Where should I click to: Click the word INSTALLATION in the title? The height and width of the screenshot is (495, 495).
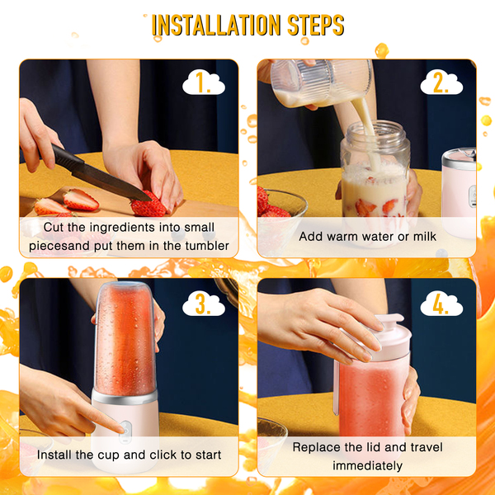click(x=216, y=25)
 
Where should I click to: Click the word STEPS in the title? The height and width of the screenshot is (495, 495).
click(x=316, y=25)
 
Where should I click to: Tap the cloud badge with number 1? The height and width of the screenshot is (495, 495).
click(x=204, y=82)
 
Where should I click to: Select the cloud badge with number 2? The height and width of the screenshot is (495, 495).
click(x=441, y=82)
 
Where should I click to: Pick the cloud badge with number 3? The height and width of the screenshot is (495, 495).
click(x=204, y=304)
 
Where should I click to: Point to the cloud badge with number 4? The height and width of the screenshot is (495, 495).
click(x=441, y=304)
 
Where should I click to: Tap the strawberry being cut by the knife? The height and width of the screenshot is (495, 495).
click(x=148, y=205)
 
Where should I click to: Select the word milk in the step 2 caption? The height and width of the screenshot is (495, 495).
click(x=425, y=236)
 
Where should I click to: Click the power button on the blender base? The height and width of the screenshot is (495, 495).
click(x=125, y=431)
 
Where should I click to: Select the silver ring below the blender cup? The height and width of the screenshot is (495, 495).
click(x=125, y=397)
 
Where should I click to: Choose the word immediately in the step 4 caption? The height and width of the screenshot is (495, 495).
click(x=367, y=465)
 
